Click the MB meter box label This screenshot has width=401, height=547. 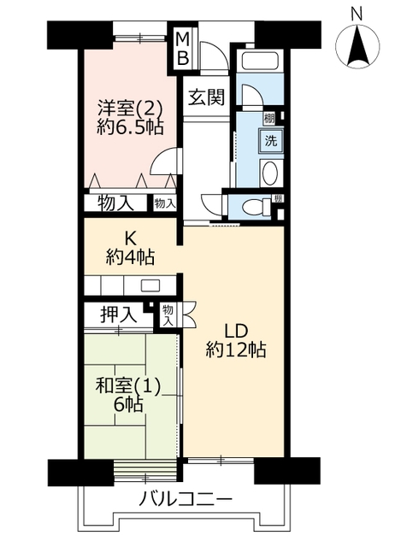click(x=182, y=49)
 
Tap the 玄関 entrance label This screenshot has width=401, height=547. click(x=206, y=97)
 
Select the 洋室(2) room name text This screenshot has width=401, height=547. click(x=130, y=109)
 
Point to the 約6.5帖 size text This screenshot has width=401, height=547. click(x=130, y=127)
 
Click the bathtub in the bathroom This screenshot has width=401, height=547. click(x=259, y=62)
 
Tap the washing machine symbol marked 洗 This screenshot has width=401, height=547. click(x=271, y=140)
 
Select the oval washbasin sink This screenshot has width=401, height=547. click(x=270, y=174)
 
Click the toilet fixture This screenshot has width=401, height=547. click(x=257, y=206)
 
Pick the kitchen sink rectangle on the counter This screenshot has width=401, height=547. click(x=150, y=285)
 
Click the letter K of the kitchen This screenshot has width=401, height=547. click(x=130, y=239)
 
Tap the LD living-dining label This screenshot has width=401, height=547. click(x=236, y=331)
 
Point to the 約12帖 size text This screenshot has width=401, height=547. click(x=236, y=350)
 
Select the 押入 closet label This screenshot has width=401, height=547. click(x=118, y=315)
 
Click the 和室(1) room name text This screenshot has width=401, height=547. click(x=128, y=385)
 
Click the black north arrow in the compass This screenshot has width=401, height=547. click(x=357, y=45)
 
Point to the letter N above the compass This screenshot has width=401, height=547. click(x=357, y=15)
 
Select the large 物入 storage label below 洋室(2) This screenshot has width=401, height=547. click(x=116, y=203)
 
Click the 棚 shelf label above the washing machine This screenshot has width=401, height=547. click(x=269, y=119)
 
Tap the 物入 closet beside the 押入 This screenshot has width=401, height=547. click(x=168, y=315)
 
